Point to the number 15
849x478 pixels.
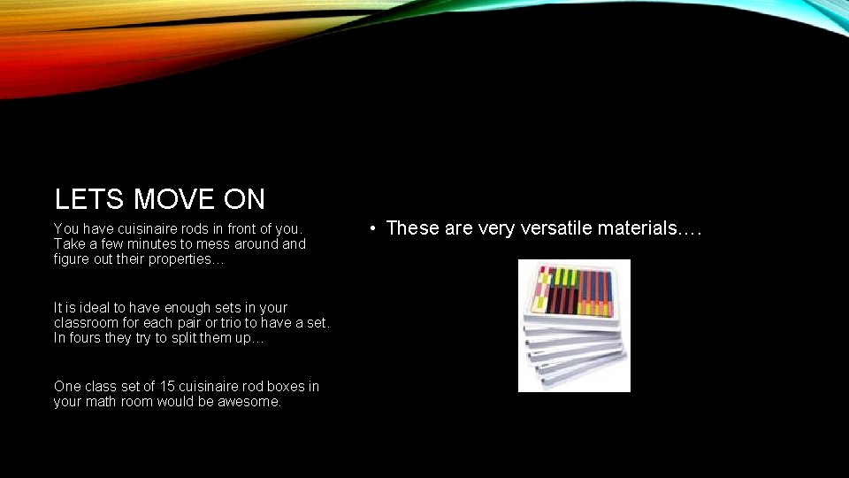167,386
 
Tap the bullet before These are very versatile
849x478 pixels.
375,228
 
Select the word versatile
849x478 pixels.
557,228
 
